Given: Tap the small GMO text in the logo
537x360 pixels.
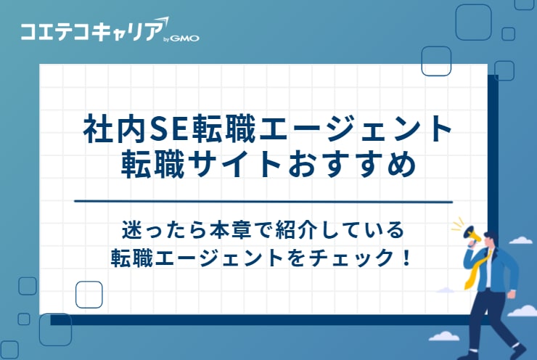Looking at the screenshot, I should [x=185, y=38].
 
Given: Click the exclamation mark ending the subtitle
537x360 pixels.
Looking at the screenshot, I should [x=405, y=258].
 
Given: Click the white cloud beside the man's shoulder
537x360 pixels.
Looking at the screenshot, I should [x=520, y=240].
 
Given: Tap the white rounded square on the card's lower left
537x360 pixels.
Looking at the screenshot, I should [x=89, y=293].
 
